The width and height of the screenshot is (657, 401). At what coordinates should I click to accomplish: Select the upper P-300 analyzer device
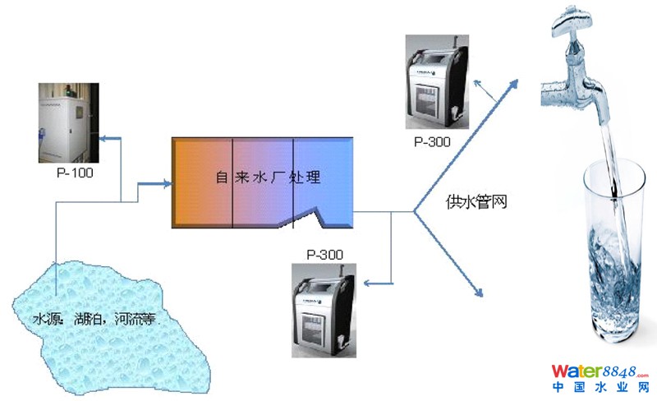(436, 83)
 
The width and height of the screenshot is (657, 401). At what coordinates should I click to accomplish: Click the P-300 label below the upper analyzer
(432, 142)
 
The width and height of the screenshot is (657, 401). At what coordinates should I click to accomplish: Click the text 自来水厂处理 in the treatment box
(267, 177)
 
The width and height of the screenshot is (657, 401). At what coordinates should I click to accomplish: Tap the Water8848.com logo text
(600, 371)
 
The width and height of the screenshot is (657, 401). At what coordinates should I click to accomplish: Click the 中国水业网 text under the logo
(600, 387)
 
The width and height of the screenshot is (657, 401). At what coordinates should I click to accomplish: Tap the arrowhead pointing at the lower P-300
(368, 284)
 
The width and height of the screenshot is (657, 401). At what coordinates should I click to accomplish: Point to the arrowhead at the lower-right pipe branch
(476, 291)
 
